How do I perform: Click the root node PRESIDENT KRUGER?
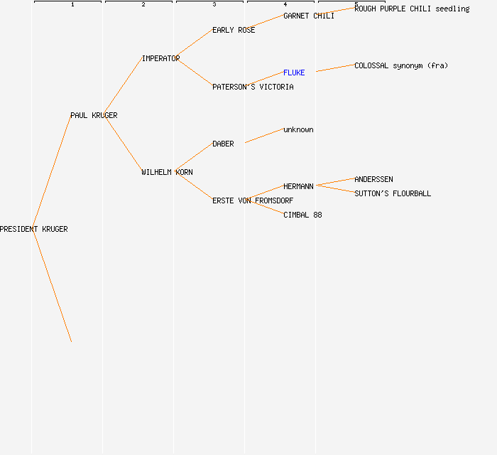point(33,229)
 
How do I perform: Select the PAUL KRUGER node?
point(94,115)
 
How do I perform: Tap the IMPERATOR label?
point(160,58)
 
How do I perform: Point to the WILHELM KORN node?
point(167,172)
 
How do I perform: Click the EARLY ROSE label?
point(234,30)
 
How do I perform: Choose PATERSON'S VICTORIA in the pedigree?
point(253,87)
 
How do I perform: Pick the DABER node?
point(223,144)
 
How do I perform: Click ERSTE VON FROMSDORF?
point(253,200)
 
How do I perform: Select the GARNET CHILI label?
point(309,16)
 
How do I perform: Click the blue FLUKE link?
point(294,73)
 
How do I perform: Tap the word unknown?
point(298,129)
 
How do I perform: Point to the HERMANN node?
point(298,186)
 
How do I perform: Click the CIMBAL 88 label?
point(302,215)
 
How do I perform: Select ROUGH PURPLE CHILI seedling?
point(412,9)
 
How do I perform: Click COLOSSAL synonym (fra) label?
point(401,65)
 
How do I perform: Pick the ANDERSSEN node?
point(373,179)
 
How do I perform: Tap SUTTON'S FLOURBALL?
point(393,193)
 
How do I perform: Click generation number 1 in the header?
point(72,4)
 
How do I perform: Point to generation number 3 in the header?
point(214,4)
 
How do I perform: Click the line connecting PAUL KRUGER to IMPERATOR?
point(124,86)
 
